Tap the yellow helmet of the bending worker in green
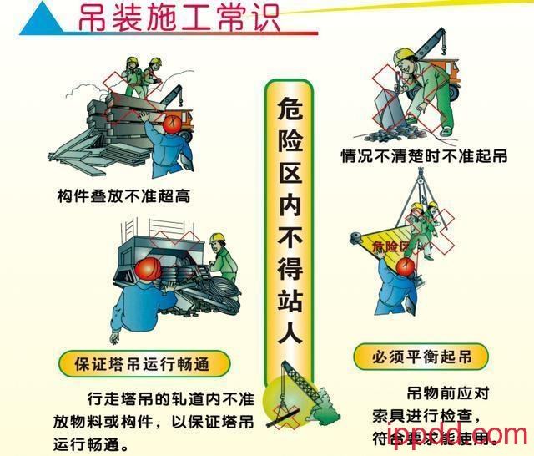[x=405, y=55]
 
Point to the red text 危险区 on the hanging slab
[x=390, y=246]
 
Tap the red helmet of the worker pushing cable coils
[x=148, y=266]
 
